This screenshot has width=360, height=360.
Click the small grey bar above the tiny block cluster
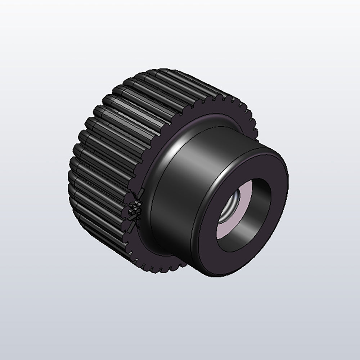[139, 195]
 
